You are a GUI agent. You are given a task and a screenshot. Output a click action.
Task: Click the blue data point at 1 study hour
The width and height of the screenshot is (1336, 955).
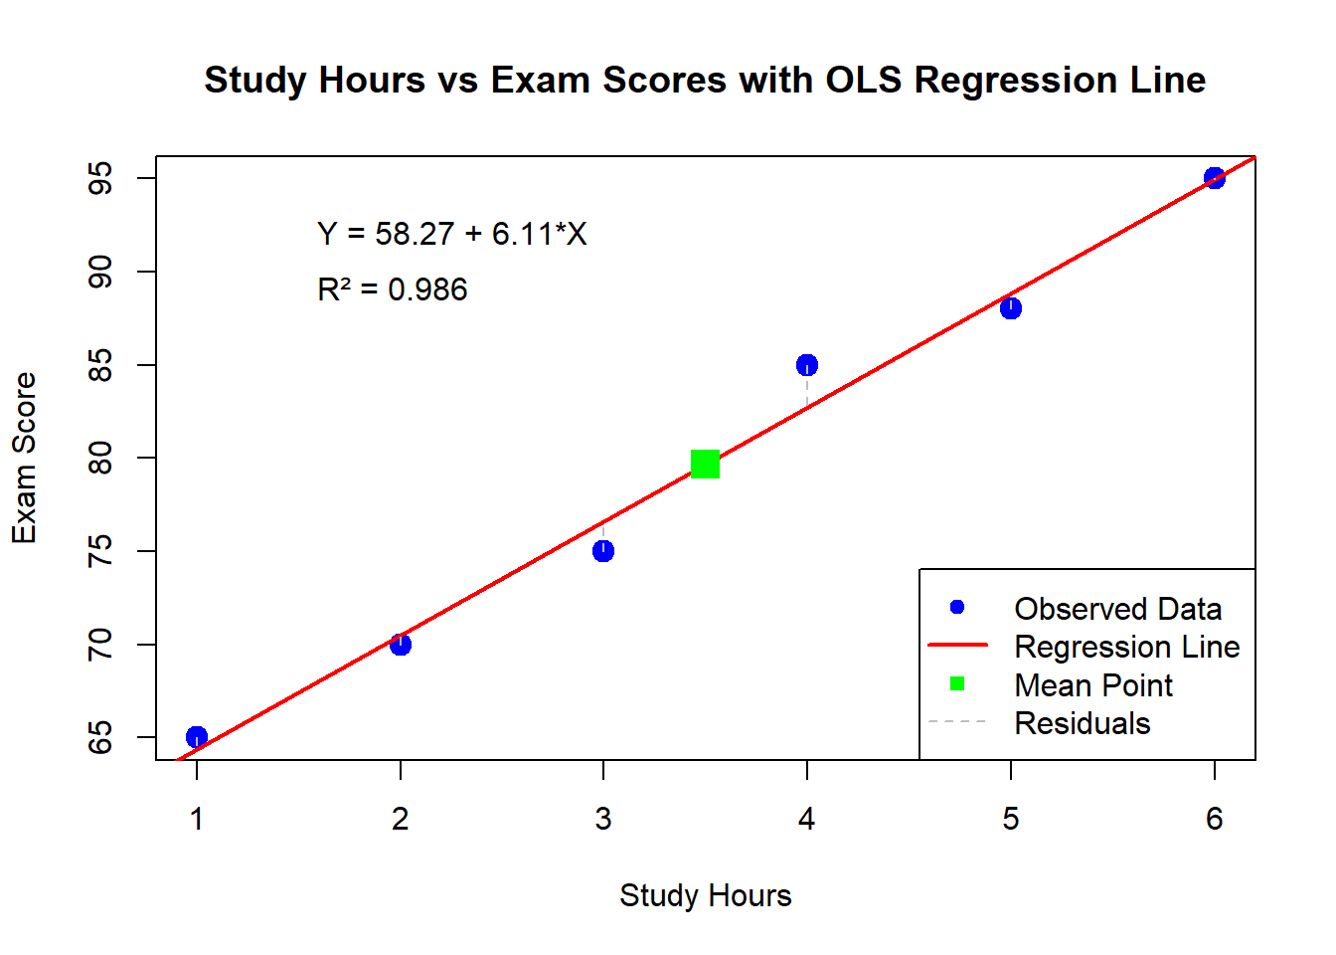coord(197,737)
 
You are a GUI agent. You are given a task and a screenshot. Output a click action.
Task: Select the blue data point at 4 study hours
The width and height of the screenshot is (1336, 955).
coord(807,365)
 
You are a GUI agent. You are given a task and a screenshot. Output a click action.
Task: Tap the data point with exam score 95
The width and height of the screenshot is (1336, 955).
coord(1214,178)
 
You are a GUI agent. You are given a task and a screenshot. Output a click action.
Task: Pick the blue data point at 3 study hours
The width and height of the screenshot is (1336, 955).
coord(603,551)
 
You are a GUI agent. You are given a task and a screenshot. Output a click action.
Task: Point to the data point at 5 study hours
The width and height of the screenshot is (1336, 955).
coord(1011,308)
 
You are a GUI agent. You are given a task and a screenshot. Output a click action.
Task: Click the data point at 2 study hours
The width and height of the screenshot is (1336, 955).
coord(401,645)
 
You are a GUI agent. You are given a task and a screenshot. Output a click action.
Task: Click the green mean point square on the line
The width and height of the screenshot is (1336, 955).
coord(705,464)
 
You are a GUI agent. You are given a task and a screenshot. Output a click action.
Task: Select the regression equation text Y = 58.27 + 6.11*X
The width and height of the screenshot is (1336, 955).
coord(452,234)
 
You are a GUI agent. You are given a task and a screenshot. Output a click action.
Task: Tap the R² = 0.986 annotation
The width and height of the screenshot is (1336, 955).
coord(392,289)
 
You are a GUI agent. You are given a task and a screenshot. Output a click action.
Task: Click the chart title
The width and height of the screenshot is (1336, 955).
coord(705,80)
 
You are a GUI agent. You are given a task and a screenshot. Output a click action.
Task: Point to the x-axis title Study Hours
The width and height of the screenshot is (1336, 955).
coord(705,895)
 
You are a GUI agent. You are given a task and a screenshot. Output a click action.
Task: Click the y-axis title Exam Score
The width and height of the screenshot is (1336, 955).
coord(24,458)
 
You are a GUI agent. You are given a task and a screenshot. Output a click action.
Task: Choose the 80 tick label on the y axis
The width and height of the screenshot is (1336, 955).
coord(100,458)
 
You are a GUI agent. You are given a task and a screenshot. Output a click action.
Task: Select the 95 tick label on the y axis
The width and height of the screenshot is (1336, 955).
coord(100,179)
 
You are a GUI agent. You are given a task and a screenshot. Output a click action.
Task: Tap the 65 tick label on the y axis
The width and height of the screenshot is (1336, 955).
coord(100,738)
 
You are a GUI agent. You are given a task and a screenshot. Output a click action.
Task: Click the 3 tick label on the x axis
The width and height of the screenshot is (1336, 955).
coord(603,819)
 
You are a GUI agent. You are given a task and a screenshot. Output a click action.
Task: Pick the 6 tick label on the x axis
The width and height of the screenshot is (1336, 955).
coord(1214,819)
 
